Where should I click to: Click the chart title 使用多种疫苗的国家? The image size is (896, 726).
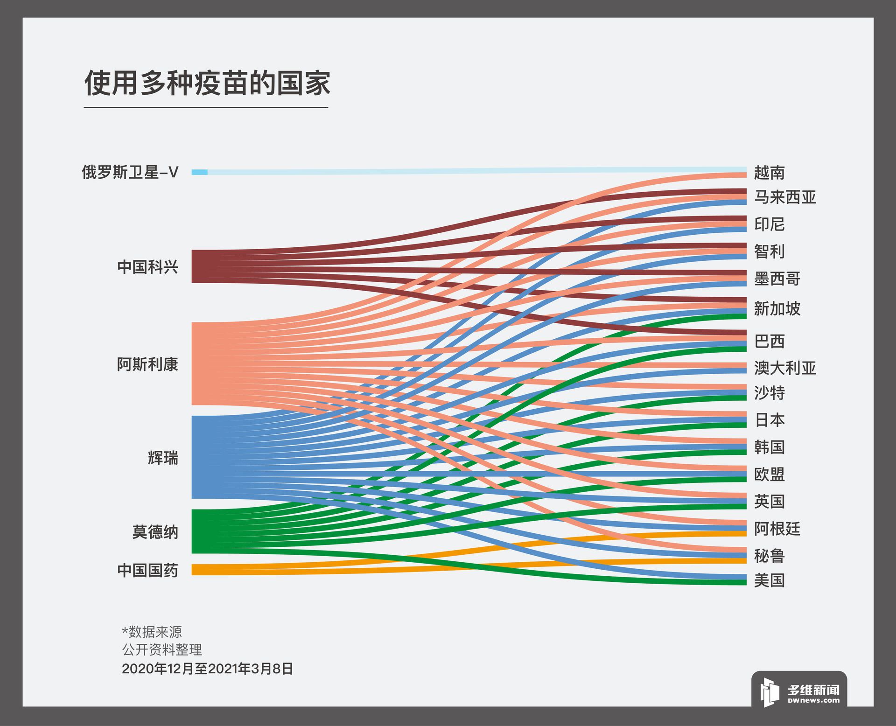[207, 84]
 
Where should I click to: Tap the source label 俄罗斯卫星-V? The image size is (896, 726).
[130, 172]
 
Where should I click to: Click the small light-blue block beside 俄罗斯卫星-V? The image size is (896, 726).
[199, 172]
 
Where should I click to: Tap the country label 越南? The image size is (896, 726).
[770, 173]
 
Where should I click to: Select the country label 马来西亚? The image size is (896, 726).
[785, 197]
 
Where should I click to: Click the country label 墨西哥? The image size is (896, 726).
[777, 279]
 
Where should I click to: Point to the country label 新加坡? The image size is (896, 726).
[777, 309]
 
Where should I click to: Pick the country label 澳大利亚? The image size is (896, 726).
[785, 368]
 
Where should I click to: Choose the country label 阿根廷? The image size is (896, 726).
[777, 529]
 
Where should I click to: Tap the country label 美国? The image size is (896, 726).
[770, 580]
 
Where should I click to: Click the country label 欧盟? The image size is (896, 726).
[770, 475]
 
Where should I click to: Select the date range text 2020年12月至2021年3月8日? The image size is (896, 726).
[208, 669]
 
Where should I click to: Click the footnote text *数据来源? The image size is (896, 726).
[152, 632]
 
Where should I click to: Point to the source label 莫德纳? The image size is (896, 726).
[155, 532]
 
